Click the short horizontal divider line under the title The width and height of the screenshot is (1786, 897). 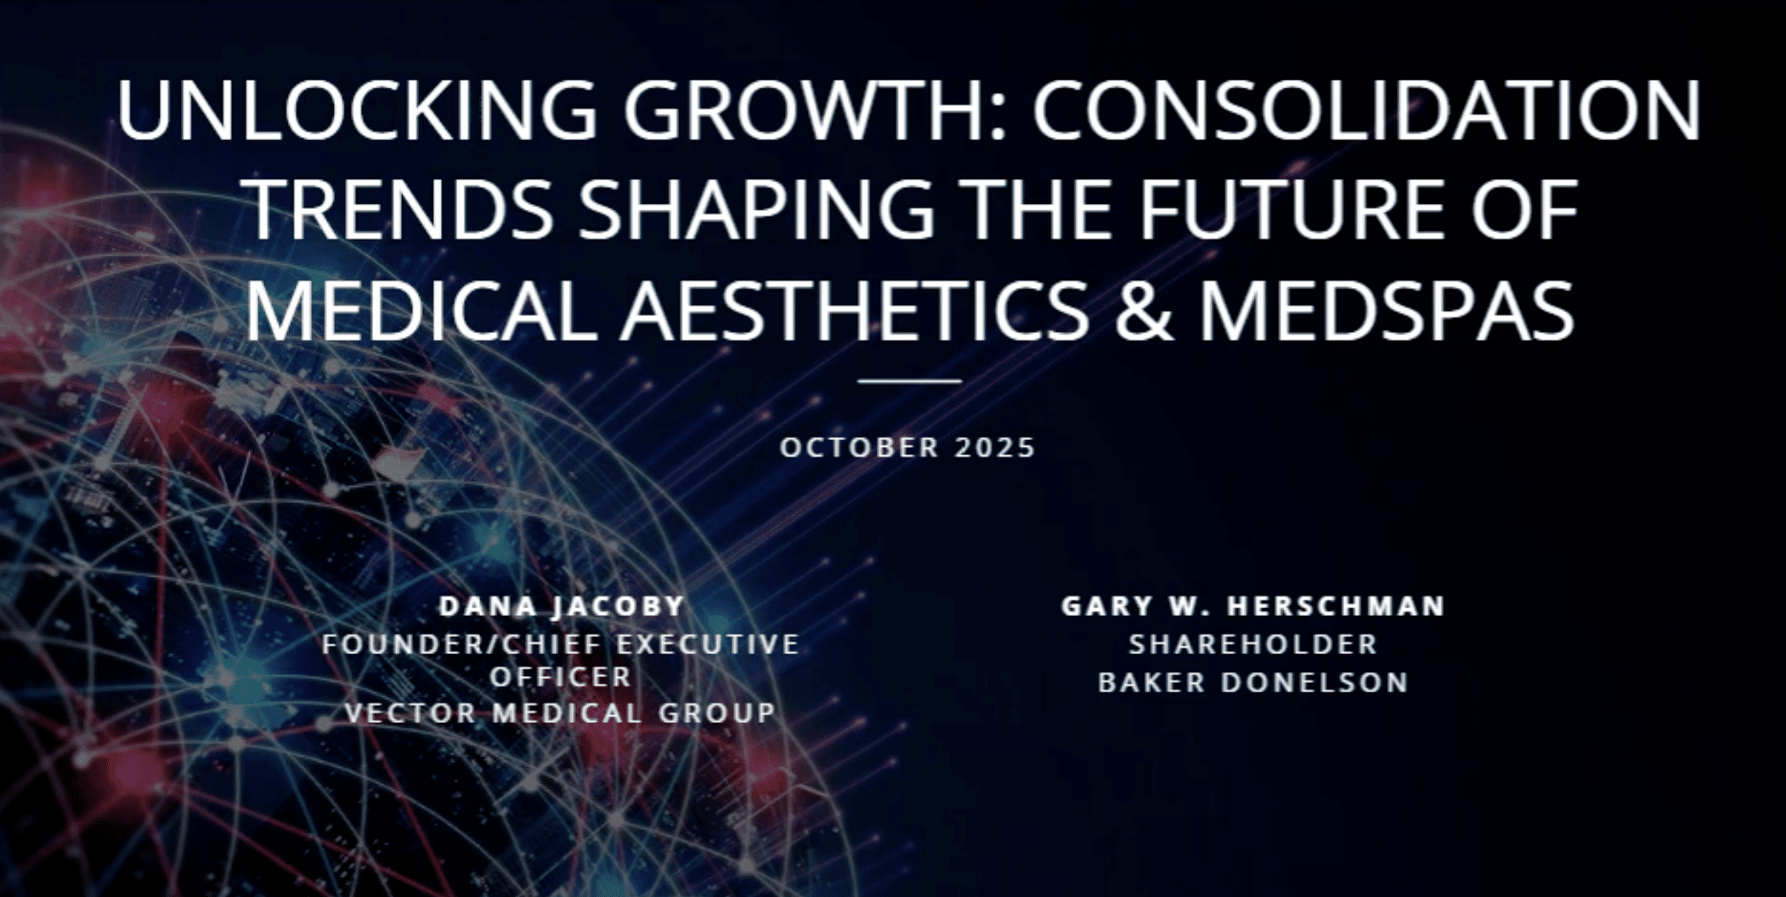tap(909, 381)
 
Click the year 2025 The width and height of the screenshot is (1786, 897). tap(995, 447)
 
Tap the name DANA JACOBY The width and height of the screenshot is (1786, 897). tap(562, 606)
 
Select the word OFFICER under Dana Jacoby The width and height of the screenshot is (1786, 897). tap(561, 677)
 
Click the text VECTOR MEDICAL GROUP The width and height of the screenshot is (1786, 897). tap(561, 712)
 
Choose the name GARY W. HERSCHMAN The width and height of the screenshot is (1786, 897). tap(1253, 606)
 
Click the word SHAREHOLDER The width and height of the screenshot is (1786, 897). tap(1253, 644)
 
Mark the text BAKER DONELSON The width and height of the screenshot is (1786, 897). tap(1253, 682)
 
